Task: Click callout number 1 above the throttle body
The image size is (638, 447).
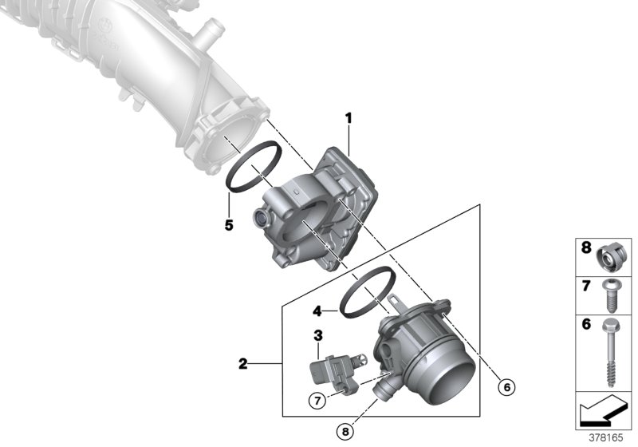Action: click(348, 119)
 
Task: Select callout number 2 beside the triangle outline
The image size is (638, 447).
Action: click(242, 366)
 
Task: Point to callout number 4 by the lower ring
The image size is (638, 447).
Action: click(316, 310)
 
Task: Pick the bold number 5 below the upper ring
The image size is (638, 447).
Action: click(229, 225)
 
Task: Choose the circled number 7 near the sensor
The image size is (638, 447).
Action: click(316, 400)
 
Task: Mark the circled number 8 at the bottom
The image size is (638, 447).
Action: click(345, 432)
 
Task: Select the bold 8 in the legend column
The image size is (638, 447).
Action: click(586, 248)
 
